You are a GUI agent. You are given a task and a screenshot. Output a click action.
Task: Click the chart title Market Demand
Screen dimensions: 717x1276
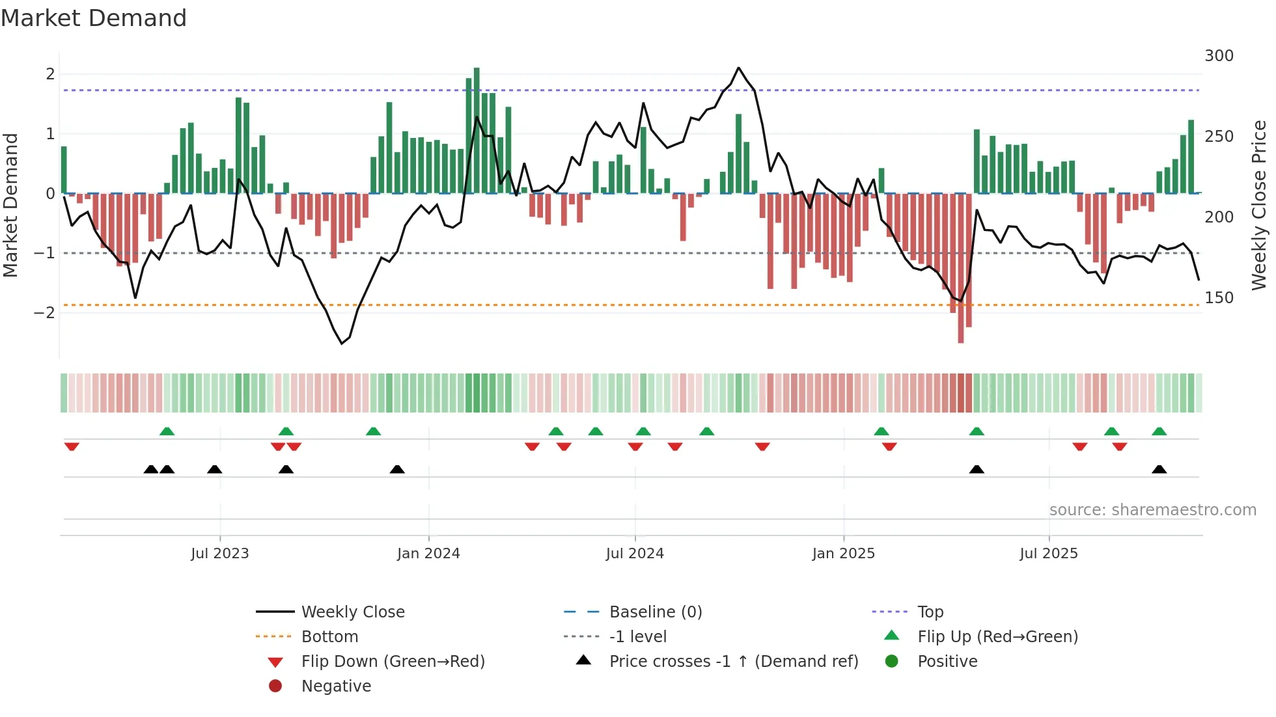point(94,18)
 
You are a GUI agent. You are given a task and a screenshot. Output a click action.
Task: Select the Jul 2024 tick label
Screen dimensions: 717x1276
point(635,554)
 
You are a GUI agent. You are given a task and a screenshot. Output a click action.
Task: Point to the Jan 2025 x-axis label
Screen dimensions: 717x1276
point(843,554)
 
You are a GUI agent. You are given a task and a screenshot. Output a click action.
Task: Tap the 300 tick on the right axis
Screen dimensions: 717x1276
point(1219,56)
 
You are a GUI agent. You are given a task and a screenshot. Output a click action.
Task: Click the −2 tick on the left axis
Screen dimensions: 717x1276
point(44,313)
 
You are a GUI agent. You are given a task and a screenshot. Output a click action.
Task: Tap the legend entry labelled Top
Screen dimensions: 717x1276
point(930,612)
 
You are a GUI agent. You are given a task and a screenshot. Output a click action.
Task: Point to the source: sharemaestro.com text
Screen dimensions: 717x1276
point(1152,510)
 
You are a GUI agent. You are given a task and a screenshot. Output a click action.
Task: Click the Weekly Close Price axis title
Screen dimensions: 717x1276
point(1258,205)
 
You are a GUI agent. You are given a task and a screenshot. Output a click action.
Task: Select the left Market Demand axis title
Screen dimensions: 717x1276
point(11,205)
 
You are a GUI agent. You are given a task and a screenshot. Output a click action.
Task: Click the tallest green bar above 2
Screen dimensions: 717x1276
point(477,130)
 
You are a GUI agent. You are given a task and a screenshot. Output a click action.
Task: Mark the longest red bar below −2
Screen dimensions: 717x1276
point(960,268)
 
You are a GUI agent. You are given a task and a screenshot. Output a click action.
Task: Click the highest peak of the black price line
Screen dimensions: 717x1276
point(738,68)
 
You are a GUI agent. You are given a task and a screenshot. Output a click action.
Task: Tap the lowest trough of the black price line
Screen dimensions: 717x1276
point(342,344)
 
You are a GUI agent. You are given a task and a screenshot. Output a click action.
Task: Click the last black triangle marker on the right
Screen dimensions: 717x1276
point(1159,470)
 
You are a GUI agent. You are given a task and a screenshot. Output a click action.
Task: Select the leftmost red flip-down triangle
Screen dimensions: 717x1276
point(72,447)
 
